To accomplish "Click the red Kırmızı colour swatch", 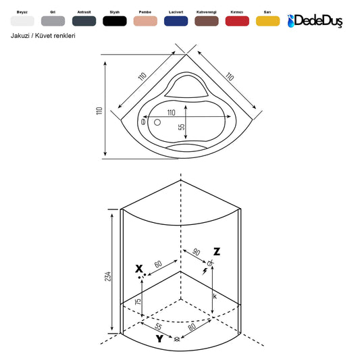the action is point(237,21).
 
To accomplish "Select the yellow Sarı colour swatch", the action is point(267,21).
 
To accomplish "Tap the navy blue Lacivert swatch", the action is point(176,21).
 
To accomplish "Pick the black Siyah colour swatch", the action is point(115,21).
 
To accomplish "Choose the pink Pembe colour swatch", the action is point(145,21).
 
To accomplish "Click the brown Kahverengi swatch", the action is point(207,21).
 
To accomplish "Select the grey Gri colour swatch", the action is point(53,21).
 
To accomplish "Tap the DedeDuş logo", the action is point(315,21).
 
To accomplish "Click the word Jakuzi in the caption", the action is point(20,36).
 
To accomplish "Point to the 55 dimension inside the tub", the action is point(182,127).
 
